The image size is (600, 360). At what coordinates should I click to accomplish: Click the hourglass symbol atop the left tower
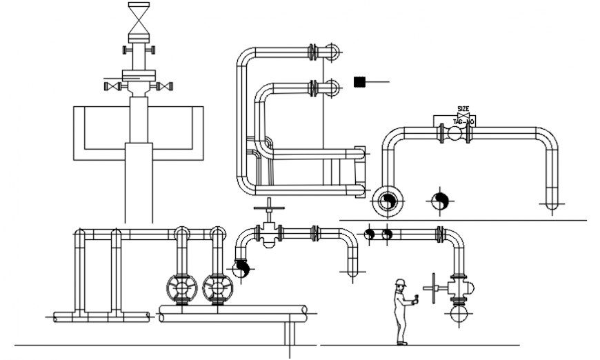point(139,14)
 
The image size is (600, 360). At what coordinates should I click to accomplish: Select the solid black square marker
point(358,81)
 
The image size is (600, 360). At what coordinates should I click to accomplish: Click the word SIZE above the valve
point(463,108)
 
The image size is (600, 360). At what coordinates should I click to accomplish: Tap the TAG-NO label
point(463,122)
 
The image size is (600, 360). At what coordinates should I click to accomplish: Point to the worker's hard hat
point(400,282)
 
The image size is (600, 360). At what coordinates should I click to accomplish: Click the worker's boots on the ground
point(402,341)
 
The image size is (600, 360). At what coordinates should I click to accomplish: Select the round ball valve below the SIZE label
point(454,134)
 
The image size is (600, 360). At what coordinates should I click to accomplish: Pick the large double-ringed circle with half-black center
point(388,201)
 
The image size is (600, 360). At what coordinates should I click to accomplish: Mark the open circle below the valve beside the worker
point(459,314)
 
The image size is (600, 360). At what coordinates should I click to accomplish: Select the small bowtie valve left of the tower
point(113,86)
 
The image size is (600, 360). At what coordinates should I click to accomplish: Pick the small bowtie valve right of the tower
point(165,86)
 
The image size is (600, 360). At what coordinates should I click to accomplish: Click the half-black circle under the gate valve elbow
point(240,269)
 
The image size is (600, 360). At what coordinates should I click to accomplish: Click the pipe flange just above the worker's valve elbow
point(439,234)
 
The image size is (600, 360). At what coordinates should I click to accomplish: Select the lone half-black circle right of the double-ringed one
point(440,201)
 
